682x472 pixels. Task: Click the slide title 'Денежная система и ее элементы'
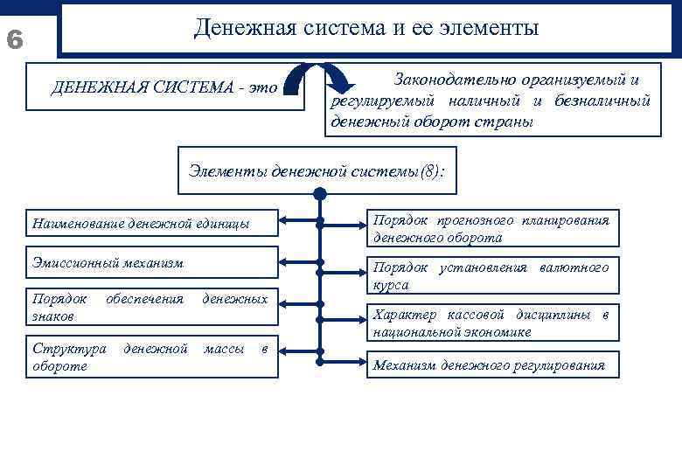coord(366,28)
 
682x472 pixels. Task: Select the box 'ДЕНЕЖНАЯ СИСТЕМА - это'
coord(165,87)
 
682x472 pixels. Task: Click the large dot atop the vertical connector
coord(319,194)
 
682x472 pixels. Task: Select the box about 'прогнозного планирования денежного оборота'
coord(491,228)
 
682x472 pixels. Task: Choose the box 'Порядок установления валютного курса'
coord(491,275)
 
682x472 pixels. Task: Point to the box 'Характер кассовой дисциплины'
coord(491,323)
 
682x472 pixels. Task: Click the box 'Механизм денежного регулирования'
coord(491,365)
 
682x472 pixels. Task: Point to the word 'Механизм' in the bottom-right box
coord(405,365)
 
